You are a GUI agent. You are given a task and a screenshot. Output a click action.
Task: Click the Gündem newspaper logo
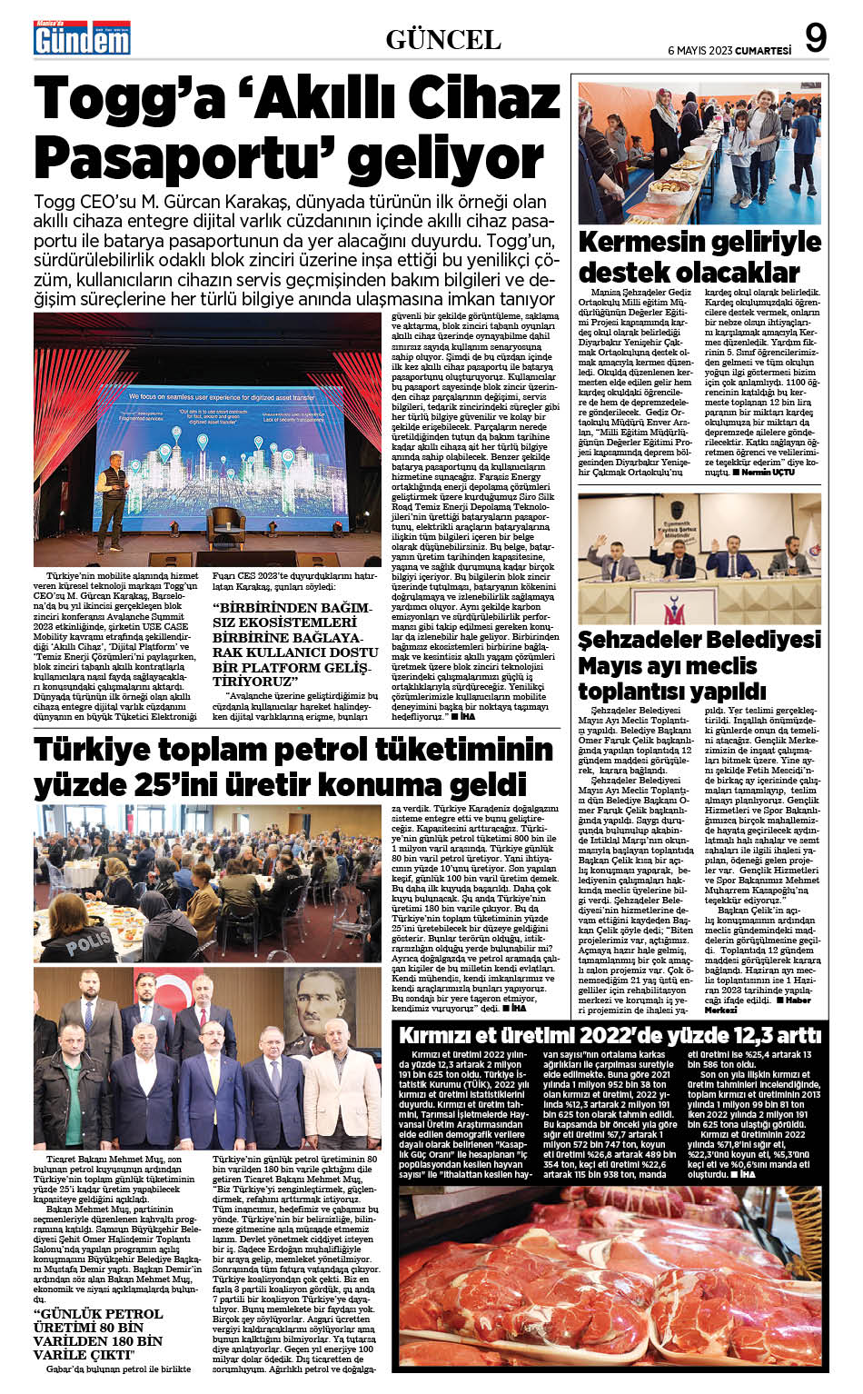(x=83, y=38)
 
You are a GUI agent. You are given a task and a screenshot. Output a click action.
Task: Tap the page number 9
(x=815, y=38)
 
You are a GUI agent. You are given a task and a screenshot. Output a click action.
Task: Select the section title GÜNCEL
(x=443, y=40)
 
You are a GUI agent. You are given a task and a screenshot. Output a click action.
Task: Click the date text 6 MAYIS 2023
(x=699, y=51)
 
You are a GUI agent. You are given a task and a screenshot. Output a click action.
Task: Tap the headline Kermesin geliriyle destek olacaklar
(x=699, y=256)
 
